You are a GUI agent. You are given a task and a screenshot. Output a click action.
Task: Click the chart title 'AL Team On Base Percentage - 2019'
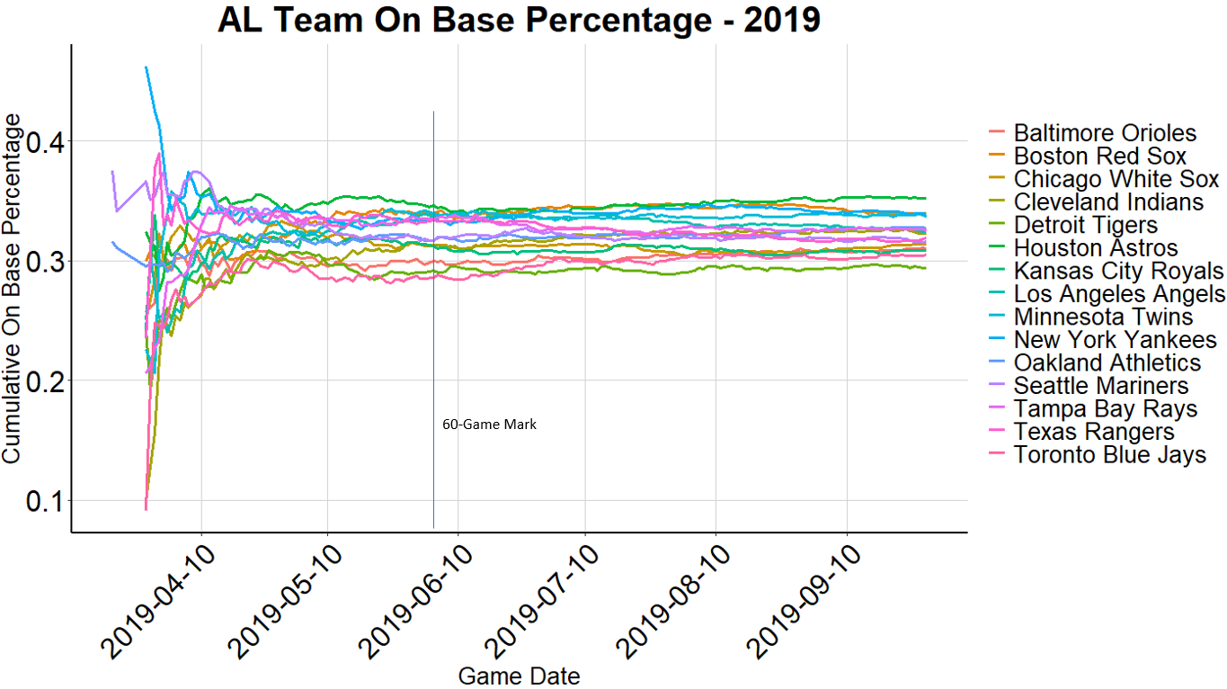pos(519,20)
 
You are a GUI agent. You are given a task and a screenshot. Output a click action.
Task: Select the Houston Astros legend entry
pos(1096,248)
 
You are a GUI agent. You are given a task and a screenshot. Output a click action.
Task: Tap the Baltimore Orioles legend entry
pos(1105,134)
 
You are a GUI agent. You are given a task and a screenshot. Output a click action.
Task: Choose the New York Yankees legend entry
pos(1115,340)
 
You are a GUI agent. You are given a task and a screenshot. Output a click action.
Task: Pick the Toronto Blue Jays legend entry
pos(1109,455)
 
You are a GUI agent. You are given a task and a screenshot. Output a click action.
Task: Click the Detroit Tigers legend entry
pos(1085,225)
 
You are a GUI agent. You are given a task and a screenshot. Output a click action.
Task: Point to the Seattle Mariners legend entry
pos(1100,386)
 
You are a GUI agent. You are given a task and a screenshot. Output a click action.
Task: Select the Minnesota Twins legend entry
pos(1103,318)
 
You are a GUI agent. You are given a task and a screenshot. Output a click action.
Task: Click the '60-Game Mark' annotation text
pos(489,425)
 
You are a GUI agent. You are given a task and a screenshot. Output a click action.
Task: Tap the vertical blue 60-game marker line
pos(434,315)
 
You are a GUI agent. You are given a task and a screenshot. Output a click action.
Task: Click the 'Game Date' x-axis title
pos(519,676)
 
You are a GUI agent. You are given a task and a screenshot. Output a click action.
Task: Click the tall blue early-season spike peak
pos(147,68)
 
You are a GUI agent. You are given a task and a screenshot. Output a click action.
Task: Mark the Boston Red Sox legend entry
pos(1099,157)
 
